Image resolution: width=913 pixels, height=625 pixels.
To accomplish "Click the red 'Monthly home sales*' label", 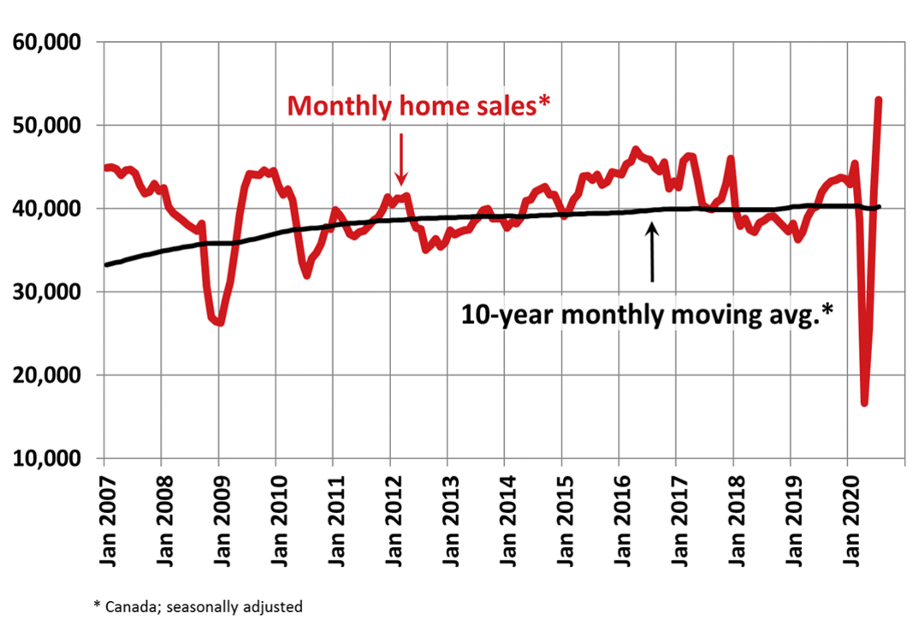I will pyautogui.click(x=418, y=106).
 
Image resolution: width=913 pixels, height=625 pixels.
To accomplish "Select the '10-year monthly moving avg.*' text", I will pyautogui.click(x=648, y=314).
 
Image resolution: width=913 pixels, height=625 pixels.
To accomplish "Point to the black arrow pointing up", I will pyautogui.click(x=652, y=252).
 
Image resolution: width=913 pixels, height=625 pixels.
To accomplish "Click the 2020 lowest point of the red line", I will pyautogui.click(x=864, y=403).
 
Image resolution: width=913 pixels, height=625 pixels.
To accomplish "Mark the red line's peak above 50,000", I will pyautogui.click(x=879, y=100).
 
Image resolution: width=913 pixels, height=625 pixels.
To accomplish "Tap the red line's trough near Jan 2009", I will pyautogui.click(x=220, y=323).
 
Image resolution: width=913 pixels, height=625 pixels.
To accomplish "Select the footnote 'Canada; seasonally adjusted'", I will pyautogui.click(x=198, y=606).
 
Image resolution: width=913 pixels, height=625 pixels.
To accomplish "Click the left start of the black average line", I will pyautogui.click(x=107, y=264).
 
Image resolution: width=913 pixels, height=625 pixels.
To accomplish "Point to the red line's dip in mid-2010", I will pyautogui.click(x=306, y=275).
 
